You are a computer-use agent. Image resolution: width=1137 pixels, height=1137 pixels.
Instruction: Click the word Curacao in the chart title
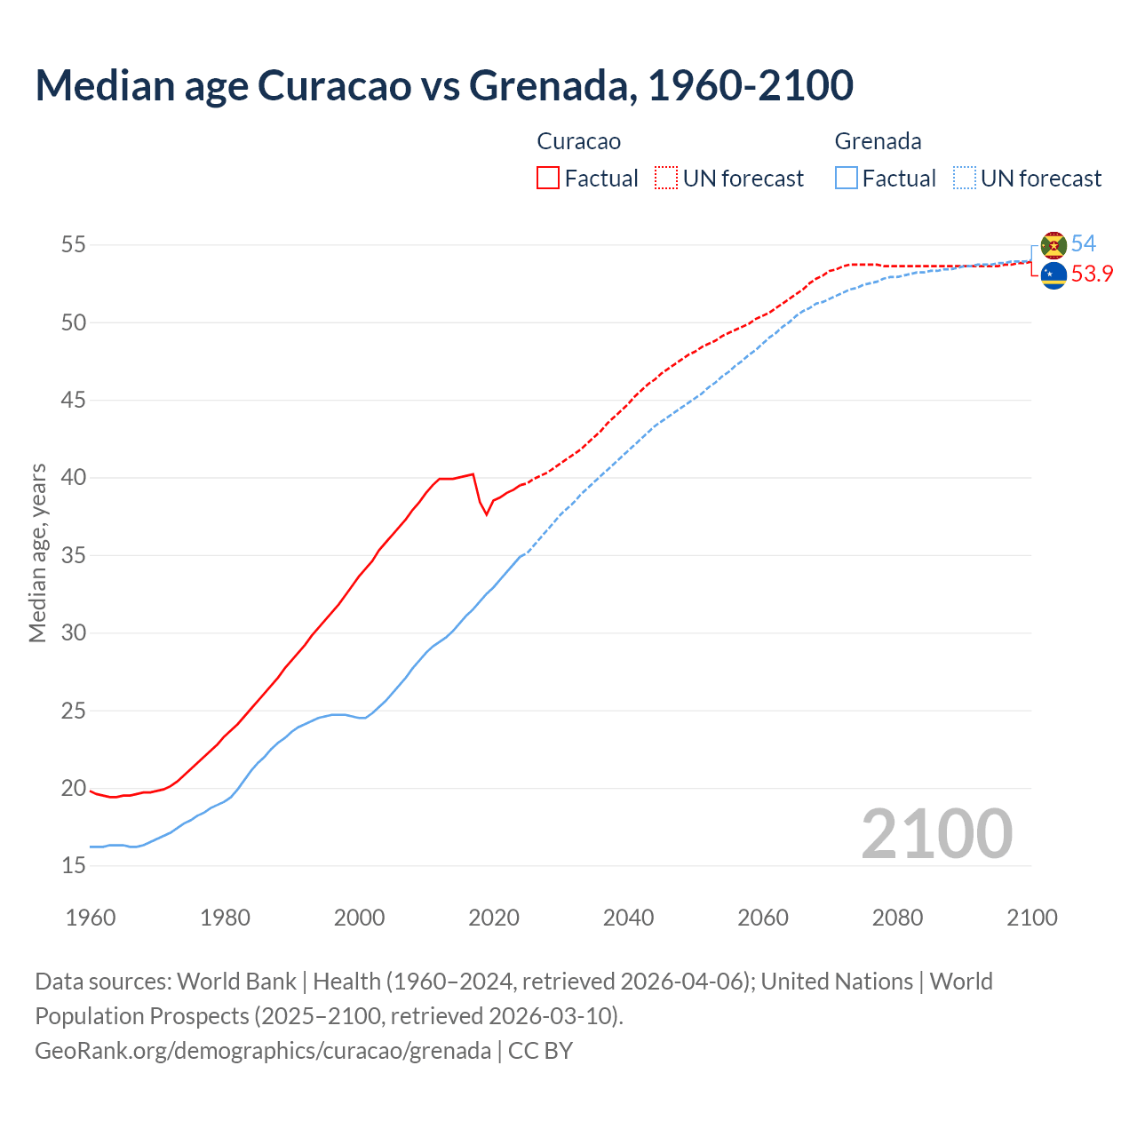[335, 85]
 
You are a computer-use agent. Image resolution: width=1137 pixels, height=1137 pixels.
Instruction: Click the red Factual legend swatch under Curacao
[548, 178]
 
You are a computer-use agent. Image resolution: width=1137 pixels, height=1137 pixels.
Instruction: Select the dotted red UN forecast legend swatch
[666, 178]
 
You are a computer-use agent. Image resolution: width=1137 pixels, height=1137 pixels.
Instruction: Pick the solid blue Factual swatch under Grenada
[847, 178]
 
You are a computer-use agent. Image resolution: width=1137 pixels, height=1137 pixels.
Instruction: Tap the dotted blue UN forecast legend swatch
[965, 178]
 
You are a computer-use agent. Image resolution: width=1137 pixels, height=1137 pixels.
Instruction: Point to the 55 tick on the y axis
[74, 244]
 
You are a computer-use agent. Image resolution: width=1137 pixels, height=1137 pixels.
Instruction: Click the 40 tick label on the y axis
[74, 478]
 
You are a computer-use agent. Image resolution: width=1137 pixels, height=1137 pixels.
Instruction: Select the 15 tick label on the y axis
[74, 866]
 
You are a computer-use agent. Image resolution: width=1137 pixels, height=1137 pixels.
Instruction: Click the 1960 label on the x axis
[91, 918]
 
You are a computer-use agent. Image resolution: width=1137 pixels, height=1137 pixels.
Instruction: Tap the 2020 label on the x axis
[494, 918]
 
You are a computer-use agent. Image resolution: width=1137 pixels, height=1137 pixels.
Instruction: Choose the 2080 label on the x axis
[897, 918]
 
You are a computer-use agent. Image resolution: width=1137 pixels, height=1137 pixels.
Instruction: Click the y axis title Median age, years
[37, 553]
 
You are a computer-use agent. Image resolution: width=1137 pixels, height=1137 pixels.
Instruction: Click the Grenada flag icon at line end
[1054, 244]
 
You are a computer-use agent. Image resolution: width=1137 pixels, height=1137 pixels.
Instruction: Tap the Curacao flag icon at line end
[1054, 275]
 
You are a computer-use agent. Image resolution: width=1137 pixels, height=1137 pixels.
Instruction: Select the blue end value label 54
[1084, 243]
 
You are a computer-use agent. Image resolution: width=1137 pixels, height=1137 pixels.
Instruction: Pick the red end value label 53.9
[1092, 274]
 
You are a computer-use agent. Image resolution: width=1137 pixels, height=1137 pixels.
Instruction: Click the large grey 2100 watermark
[936, 834]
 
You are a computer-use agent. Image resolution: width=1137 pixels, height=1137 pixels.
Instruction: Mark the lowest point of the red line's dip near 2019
[486, 514]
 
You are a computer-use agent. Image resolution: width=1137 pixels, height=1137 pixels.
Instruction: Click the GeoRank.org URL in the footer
[263, 1051]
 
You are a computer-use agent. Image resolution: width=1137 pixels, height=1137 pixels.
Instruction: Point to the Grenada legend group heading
[878, 141]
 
